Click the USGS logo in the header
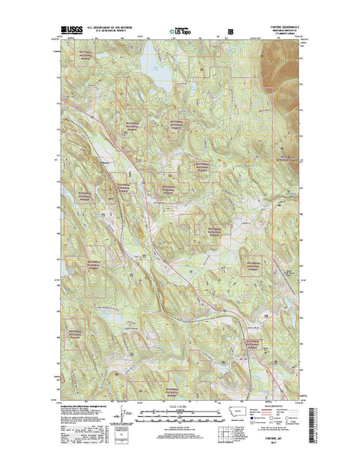click(x=71, y=31)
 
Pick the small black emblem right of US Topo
click(x=231, y=31)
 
